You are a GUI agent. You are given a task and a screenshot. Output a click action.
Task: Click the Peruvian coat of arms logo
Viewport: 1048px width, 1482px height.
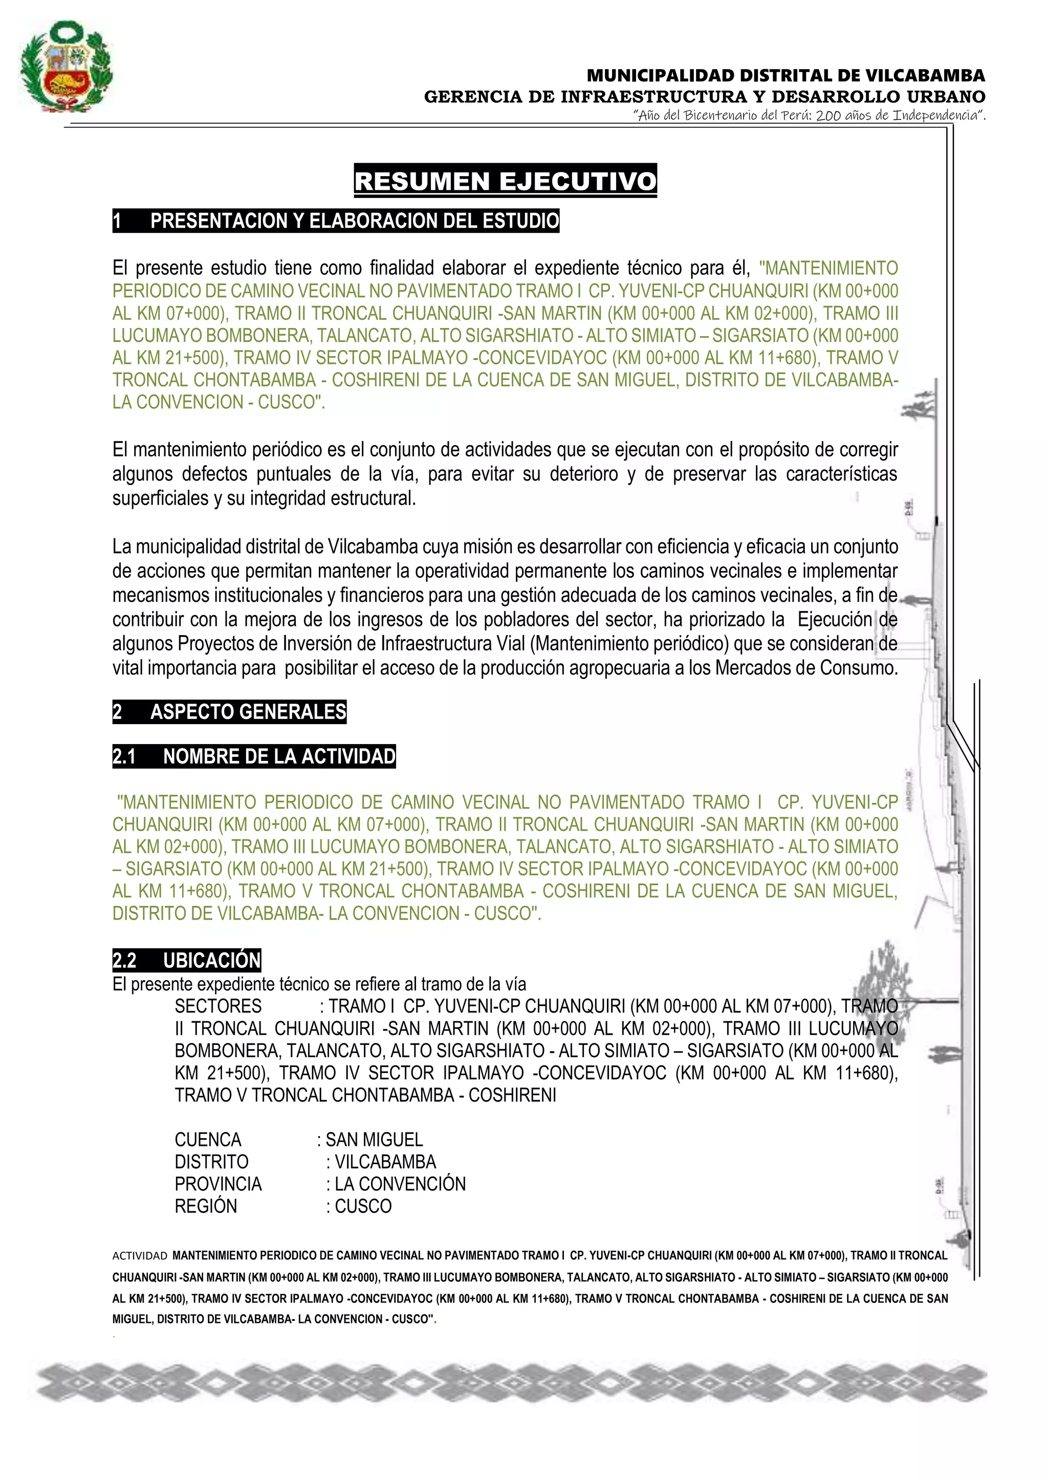click(x=66, y=67)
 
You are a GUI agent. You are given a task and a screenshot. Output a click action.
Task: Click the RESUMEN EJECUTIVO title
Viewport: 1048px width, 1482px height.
click(x=505, y=181)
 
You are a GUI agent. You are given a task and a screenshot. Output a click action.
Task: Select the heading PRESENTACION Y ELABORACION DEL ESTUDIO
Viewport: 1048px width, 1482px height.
click(x=354, y=221)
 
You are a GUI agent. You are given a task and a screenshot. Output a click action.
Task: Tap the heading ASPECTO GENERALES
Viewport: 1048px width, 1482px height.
click(x=248, y=711)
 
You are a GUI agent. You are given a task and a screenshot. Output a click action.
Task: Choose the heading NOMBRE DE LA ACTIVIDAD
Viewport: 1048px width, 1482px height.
click(x=279, y=756)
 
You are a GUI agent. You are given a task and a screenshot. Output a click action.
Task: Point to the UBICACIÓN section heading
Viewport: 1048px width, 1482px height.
click(x=212, y=960)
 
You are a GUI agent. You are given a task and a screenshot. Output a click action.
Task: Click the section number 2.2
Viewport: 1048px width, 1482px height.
click(x=124, y=960)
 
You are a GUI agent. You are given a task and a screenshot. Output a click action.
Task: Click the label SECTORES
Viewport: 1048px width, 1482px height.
click(x=218, y=1006)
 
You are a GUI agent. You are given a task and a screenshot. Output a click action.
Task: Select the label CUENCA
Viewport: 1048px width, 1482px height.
click(x=208, y=1139)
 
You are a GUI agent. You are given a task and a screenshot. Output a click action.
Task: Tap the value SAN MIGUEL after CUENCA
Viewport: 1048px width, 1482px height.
click(x=374, y=1139)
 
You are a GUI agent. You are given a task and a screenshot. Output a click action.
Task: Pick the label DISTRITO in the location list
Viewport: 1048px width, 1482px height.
click(x=212, y=1162)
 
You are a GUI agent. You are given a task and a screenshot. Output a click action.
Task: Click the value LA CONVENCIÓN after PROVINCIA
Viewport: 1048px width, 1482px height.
click(x=400, y=1184)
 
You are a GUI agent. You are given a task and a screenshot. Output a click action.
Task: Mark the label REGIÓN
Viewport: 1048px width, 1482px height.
click(x=206, y=1206)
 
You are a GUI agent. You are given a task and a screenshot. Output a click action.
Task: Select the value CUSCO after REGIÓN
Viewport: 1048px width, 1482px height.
click(x=363, y=1206)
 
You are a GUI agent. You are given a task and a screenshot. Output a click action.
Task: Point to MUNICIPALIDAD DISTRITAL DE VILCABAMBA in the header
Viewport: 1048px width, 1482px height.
click(x=785, y=76)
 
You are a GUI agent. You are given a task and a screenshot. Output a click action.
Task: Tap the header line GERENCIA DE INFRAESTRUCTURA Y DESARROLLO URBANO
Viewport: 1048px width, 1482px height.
click(x=704, y=97)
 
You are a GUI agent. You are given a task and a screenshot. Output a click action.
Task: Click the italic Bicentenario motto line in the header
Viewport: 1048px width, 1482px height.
click(x=810, y=116)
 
